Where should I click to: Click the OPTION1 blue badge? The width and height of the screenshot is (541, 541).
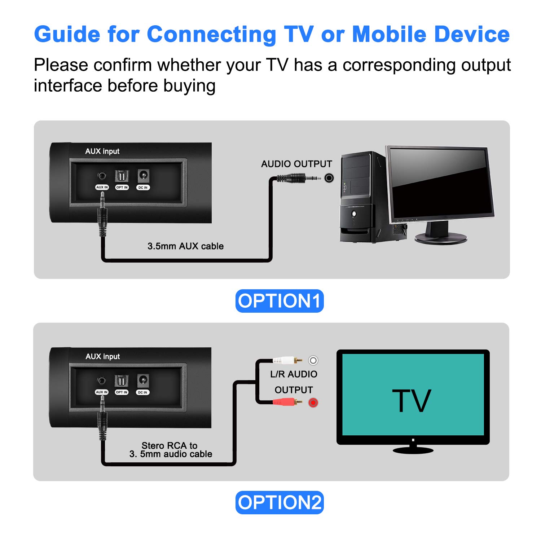point(280,301)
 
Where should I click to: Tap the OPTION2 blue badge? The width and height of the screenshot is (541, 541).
point(280,502)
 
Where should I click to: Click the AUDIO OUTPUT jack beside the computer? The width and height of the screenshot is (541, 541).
point(329,178)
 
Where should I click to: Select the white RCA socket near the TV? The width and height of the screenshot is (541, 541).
point(313,360)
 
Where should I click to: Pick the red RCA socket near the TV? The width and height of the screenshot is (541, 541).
point(313,403)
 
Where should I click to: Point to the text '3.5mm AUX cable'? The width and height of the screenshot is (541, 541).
point(185,246)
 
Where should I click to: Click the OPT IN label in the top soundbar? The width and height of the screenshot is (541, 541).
point(122,187)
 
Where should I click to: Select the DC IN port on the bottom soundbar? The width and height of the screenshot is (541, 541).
point(143,381)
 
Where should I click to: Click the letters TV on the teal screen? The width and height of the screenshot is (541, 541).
point(412,401)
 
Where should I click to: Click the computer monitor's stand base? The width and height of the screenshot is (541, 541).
point(441,238)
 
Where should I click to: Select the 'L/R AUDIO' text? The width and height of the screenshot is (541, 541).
point(294,374)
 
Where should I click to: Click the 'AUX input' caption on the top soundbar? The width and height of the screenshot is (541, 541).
point(102,151)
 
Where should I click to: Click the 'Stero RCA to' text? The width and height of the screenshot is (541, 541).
point(170,445)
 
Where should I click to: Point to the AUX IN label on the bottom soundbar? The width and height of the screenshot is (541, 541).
point(102,392)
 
